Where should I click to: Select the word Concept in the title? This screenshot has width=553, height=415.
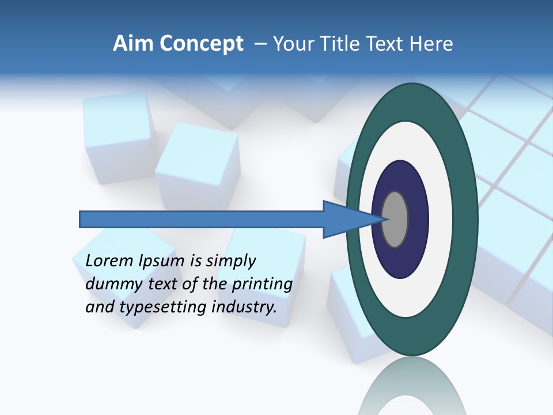click(x=201, y=44)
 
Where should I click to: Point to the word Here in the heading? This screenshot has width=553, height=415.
click(x=431, y=44)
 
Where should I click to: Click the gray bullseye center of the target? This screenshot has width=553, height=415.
click(x=395, y=219)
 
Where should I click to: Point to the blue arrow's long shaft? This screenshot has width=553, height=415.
click(x=202, y=219)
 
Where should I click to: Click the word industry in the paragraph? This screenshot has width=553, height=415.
click(x=244, y=307)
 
